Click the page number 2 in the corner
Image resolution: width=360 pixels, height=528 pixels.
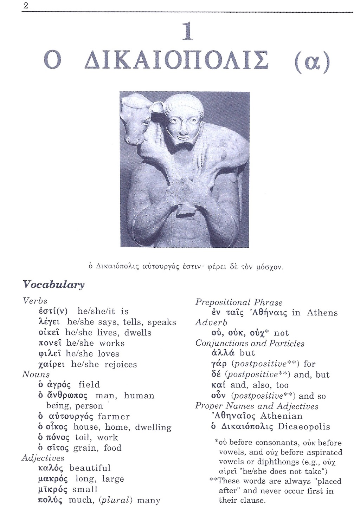point(25,6)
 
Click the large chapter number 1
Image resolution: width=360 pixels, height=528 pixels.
point(187,31)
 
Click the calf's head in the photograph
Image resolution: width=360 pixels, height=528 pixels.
point(133,122)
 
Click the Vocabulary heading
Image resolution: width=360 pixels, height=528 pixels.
point(53,285)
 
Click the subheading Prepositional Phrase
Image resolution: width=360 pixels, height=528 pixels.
point(239,302)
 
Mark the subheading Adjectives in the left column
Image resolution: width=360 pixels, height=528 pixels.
point(43,458)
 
